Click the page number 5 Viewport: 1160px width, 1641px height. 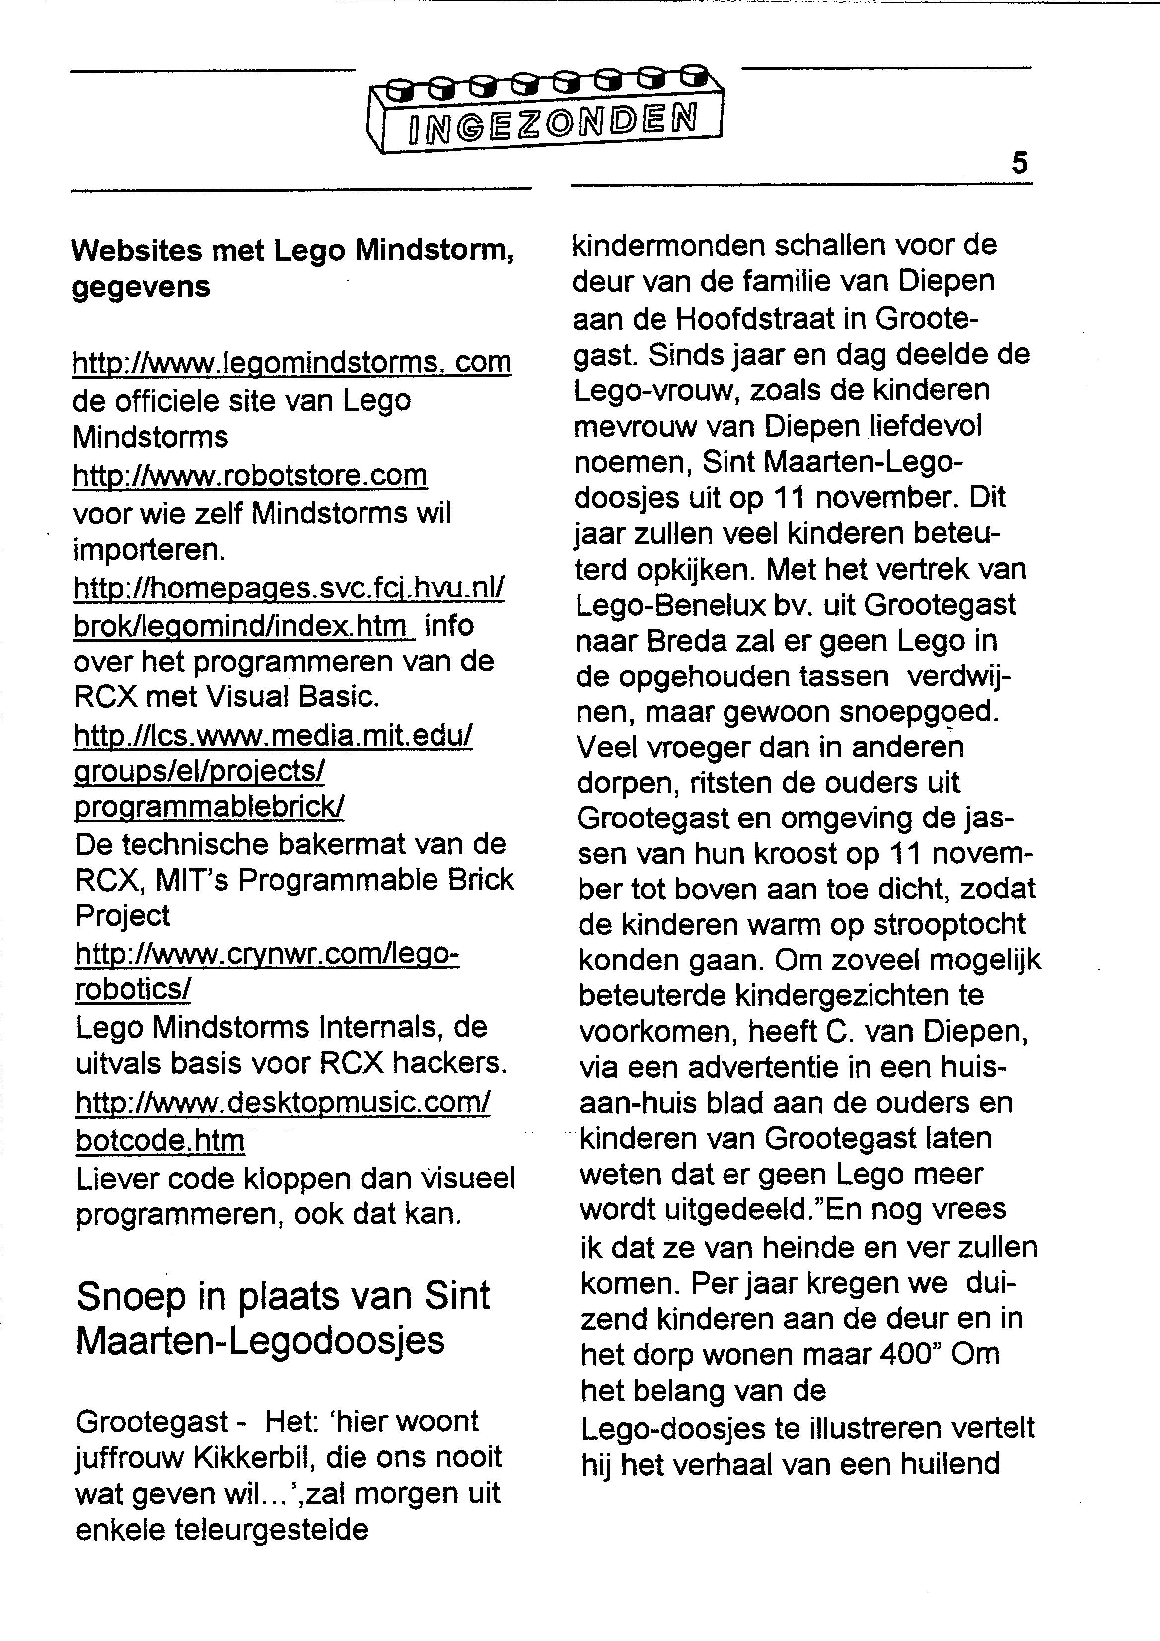(x=1019, y=164)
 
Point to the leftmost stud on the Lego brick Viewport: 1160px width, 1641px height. (x=402, y=88)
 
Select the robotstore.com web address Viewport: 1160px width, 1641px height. (x=250, y=475)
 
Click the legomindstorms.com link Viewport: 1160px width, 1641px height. (x=291, y=363)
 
